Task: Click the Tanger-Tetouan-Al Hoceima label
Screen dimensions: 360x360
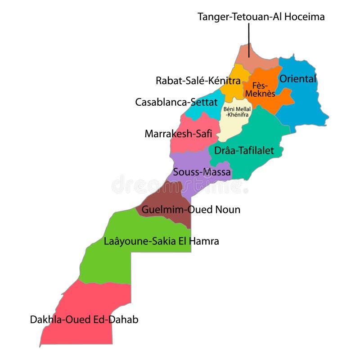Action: (x=261, y=17)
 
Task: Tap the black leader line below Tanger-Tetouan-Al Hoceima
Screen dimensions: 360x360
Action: (x=249, y=40)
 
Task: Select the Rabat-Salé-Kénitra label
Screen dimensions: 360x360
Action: (x=198, y=81)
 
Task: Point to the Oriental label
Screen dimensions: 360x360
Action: (x=298, y=79)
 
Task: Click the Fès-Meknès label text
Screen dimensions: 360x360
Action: (x=260, y=89)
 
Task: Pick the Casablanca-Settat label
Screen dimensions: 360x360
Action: (x=176, y=102)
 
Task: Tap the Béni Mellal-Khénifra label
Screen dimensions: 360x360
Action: (x=237, y=112)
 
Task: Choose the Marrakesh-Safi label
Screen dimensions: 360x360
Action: (x=178, y=134)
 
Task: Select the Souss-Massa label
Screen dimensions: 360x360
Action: (x=202, y=172)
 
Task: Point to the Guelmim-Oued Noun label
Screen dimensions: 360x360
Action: (x=191, y=210)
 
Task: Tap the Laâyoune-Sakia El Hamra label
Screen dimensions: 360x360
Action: (x=161, y=241)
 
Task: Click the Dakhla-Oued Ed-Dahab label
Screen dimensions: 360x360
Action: (x=84, y=320)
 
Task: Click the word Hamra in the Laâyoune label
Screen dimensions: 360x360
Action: (x=204, y=241)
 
